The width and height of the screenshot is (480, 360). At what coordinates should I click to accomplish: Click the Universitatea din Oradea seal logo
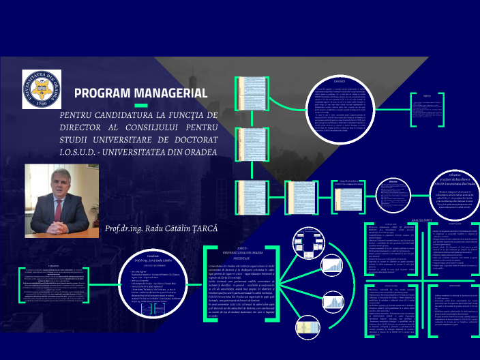pos(42,87)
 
